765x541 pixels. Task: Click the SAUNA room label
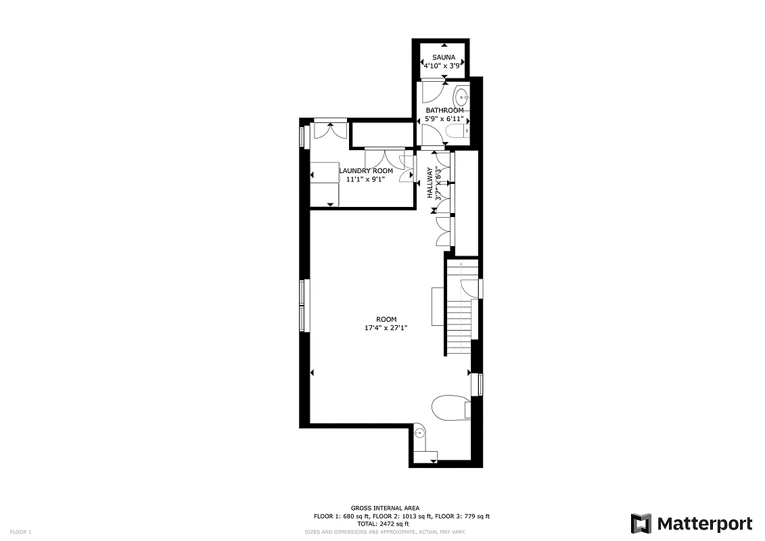[443, 58]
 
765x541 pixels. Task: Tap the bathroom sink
[462, 95]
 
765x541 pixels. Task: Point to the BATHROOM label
[444, 110]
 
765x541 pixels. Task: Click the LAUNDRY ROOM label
[366, 171]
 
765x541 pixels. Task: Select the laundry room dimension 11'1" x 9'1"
[365, 180]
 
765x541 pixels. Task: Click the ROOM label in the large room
[386, 319]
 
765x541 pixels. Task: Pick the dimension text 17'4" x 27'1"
[386, 328]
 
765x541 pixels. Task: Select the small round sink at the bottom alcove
[419, 433]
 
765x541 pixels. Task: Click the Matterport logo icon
[641, 523]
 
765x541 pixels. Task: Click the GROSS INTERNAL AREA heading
[385, 508]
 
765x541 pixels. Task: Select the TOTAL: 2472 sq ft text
[383, 523]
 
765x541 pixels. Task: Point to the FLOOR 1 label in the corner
[21, 532]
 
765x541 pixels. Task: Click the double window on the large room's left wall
[304, 306]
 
